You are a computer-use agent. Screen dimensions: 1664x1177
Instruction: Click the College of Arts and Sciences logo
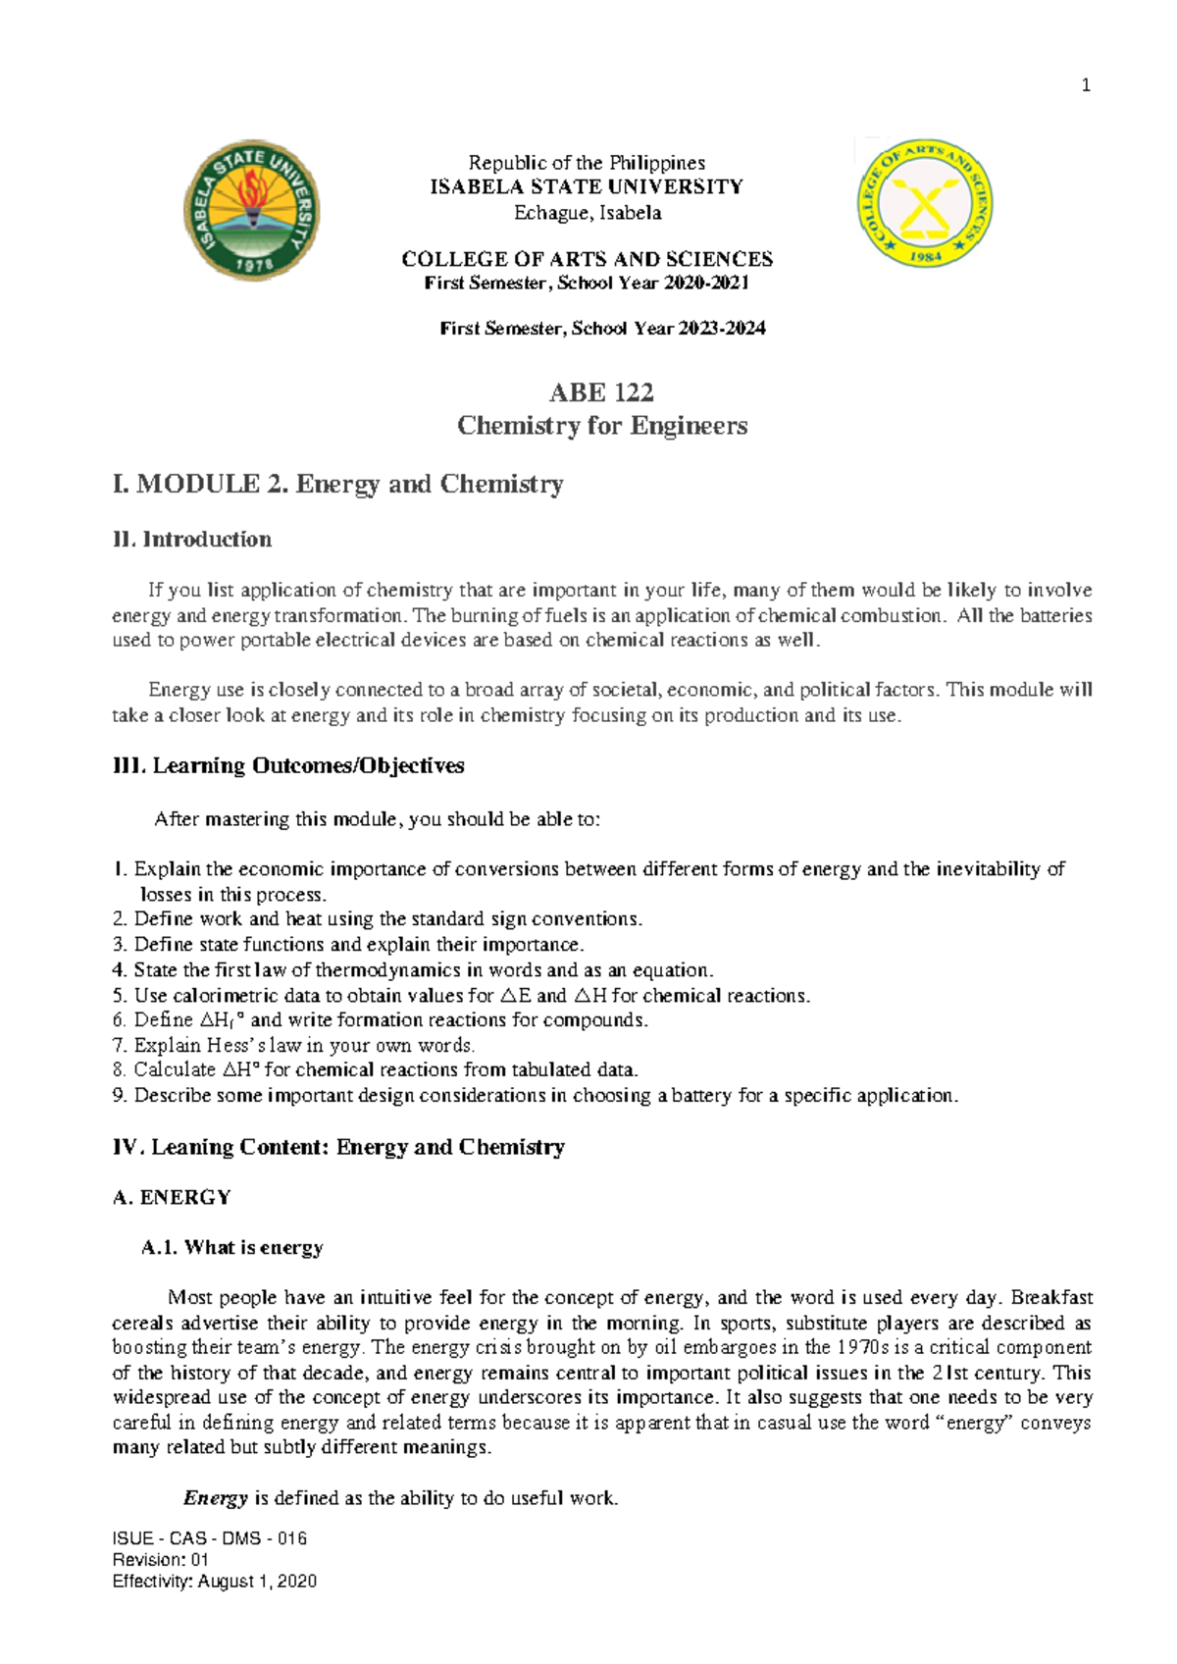click(x=925, y=203)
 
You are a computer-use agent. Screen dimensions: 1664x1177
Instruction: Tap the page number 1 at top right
click(x=1086, y=85)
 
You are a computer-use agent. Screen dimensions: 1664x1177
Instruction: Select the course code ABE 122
click(x=601, y=392)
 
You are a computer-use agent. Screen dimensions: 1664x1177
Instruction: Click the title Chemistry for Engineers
click(x=601, y=426)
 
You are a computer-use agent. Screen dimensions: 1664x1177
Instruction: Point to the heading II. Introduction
click(x=192, y=540)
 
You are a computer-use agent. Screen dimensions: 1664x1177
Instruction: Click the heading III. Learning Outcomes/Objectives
click(x=288, y=766)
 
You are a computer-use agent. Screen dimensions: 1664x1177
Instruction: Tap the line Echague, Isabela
click(x=588, y=213)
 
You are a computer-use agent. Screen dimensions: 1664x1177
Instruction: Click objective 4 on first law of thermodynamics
click(x=413, y=970)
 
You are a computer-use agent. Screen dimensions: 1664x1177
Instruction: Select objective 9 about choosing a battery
click(x=535, y=1095)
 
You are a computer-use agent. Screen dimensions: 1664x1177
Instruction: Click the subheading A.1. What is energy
click(x=232, y=1248)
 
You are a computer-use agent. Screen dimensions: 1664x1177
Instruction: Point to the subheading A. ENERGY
click(x=172, y=1198)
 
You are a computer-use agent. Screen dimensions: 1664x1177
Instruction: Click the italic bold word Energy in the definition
click(x=215, y=1498)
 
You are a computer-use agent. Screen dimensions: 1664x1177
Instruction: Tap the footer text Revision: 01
click(x=160, y=1560)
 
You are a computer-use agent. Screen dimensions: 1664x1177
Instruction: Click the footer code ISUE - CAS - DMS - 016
click(x=209, y=1538)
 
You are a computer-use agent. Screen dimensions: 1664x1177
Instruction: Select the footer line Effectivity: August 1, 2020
click(x=214, y=1582)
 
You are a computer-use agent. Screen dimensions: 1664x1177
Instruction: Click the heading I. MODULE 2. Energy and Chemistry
click(x=337, y=485)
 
